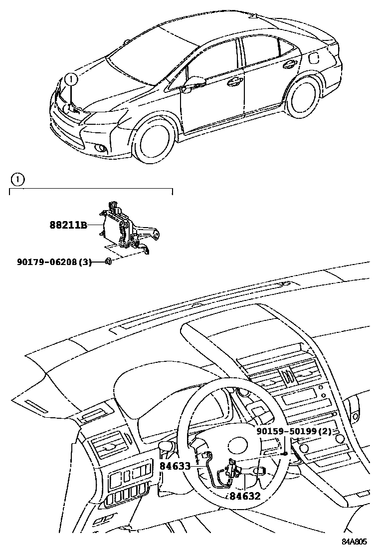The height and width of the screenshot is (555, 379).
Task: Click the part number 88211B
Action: [x=68, y=225]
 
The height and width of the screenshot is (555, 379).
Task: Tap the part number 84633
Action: [x=175, y=466]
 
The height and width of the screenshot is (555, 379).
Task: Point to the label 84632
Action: [x=245, y=496]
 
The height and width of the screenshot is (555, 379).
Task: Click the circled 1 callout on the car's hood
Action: [x=72, y=78]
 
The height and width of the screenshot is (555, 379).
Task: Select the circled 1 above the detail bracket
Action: [x=17, y=179]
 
